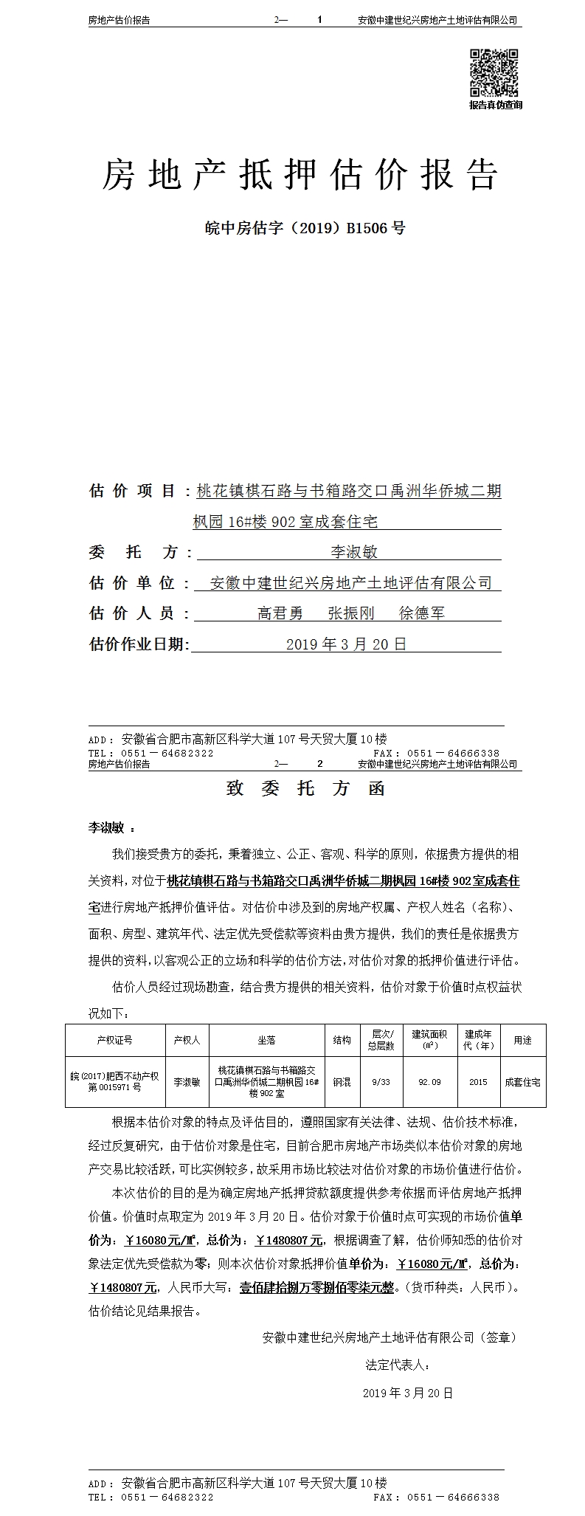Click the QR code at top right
[x=495, y=72]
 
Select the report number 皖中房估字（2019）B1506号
[x=305, y=228]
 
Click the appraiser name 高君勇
[x=280, y=613]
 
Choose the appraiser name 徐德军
[x=422, y=613]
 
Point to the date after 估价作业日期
[x=346, y=644]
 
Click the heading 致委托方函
[x=305, y=789]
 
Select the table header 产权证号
[x=114, y=1040]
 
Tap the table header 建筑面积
[x=429, y=1040]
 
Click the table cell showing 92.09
[x=429, y=1082]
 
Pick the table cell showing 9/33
[x=381, y=1082]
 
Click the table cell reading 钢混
[x=342, y=1082]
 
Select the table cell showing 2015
[x=478, y=1082]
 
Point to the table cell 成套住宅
[x=522, y=1082]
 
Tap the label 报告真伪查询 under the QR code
[x=496, y=106]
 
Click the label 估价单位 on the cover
[x=132, y=583]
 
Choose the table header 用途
[x=522, y=1040]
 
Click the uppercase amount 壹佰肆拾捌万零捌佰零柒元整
[x=317, y=1288]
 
